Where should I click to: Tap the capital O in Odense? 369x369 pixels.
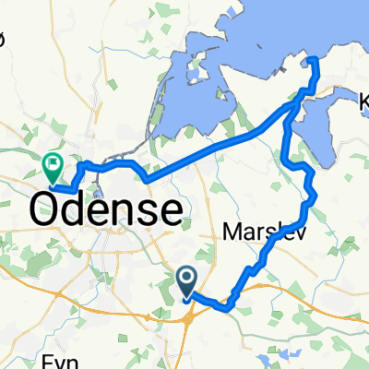(x=49, y=209)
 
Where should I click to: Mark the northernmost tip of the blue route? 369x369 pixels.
(x=313, y=60)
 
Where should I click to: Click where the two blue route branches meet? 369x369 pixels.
(x=294, y=106)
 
